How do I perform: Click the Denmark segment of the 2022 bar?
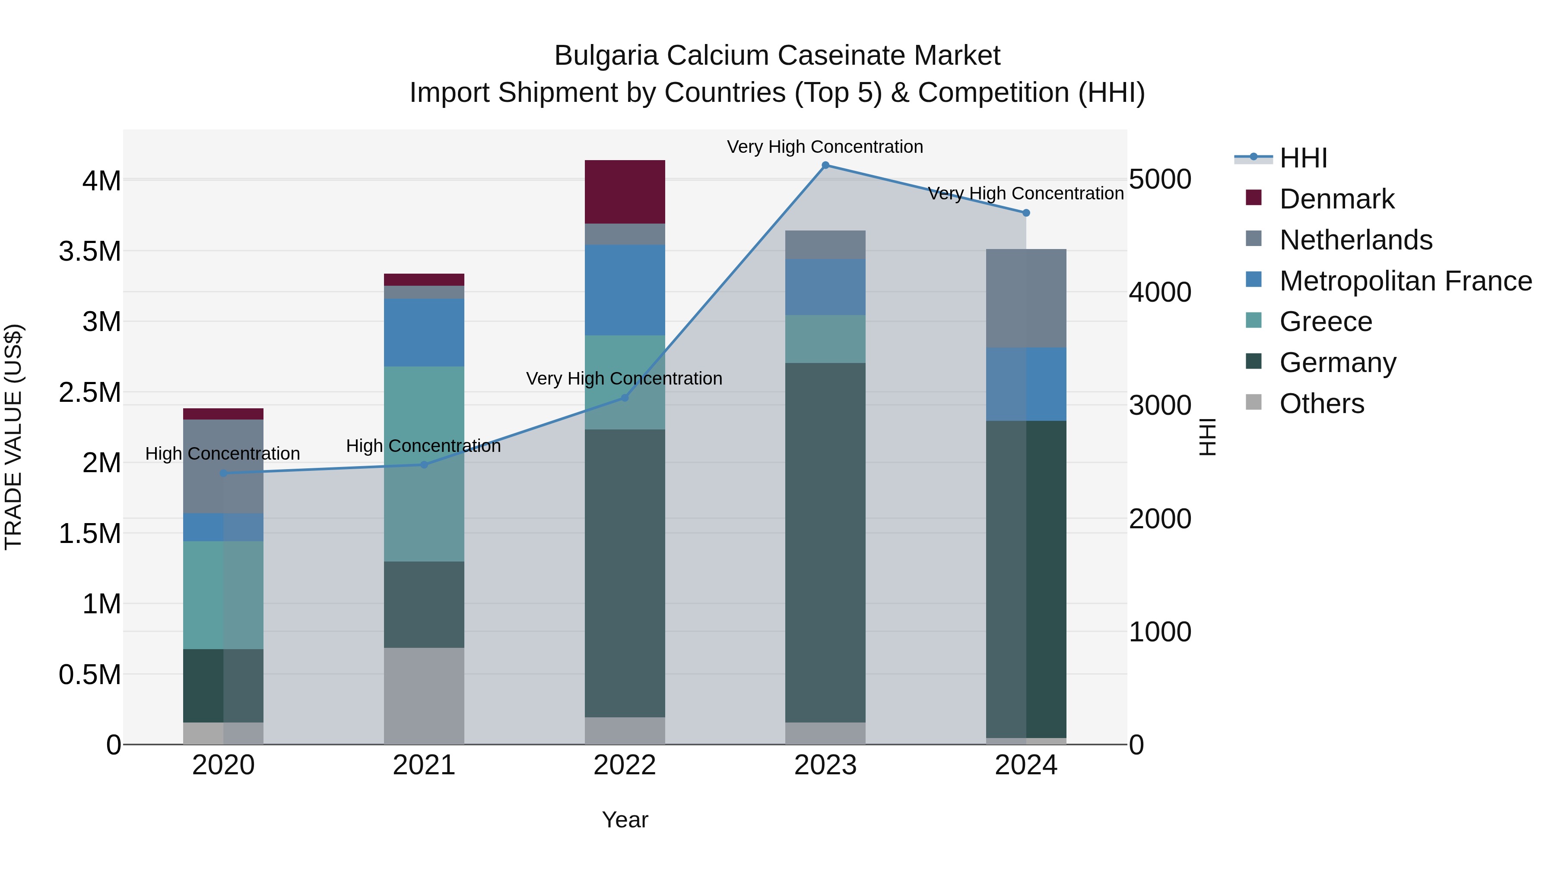click(625, 192)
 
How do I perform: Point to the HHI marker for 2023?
click(825, 165)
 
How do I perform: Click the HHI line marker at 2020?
click(223, 473)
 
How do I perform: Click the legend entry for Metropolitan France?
click(1405, 281)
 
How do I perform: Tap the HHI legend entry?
click(1303, 158)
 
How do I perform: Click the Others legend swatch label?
click(1321, 404)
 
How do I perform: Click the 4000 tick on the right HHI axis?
click(1160, 293)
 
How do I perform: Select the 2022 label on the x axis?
click(625, 765)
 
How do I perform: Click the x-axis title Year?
click(625, 820)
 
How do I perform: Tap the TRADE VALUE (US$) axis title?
click(13, 437)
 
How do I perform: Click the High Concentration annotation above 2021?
click(423, 446)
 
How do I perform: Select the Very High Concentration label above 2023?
click(825, 147)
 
